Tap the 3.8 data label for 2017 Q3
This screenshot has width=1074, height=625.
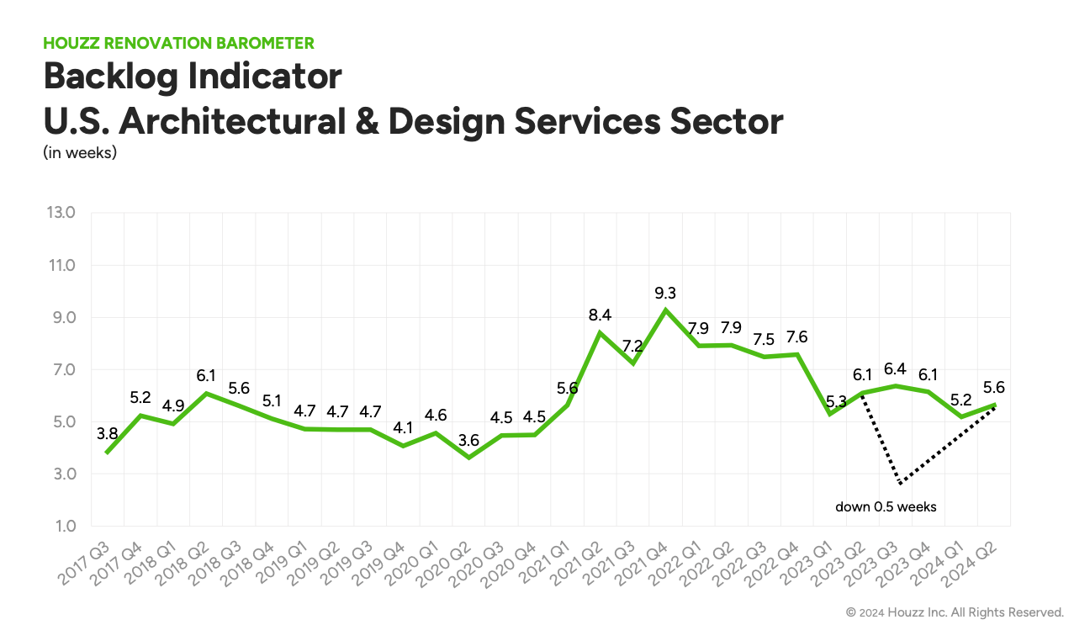click(106, 435)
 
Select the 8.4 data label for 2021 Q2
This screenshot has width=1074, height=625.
click(599, 315)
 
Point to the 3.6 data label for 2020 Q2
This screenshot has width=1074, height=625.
click(469, 440)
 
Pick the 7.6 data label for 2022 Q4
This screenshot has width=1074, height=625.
click(796, 337)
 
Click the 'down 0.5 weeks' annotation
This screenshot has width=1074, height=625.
click(886, 506)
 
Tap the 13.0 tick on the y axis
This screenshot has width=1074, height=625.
click(60, 213)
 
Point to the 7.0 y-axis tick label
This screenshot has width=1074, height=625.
click(61, 370)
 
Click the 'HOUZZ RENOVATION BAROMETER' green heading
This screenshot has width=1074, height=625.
click(178, 43)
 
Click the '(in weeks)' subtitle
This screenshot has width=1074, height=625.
click(80, 153)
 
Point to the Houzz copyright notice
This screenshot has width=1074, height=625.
click(955, 612)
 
